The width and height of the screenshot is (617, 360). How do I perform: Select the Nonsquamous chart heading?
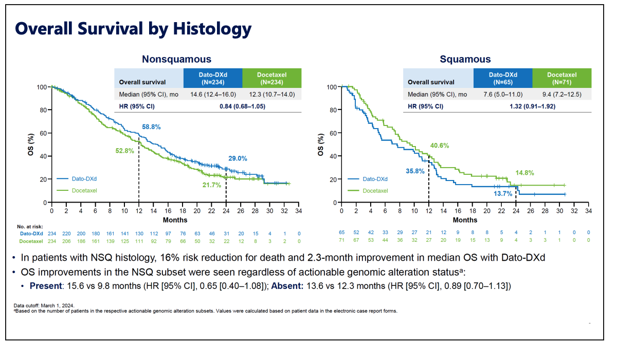176,59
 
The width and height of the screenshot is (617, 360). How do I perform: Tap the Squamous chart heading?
465,59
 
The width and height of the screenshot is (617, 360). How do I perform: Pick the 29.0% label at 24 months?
238,159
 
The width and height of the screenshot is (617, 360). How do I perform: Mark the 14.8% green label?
525,173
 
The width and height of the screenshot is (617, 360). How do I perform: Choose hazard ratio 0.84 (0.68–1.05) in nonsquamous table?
242,106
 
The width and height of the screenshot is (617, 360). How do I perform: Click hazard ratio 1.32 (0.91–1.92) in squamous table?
532,106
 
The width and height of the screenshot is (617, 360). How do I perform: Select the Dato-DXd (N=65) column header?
503,78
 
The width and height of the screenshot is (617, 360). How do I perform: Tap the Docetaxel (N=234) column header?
272,78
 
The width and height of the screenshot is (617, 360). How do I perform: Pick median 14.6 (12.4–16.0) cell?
213,95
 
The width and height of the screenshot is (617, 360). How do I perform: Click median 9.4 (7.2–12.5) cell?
562,95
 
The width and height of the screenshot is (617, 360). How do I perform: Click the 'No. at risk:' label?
32,226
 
